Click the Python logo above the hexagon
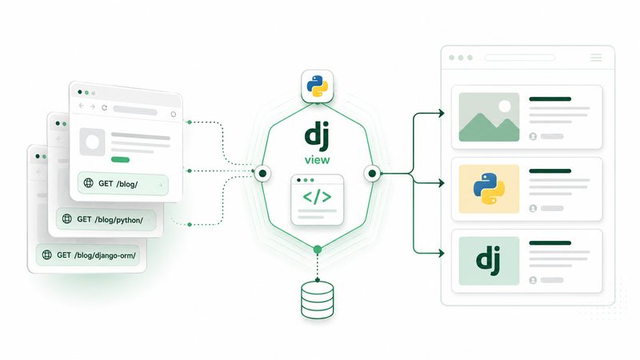[x=317, y=86]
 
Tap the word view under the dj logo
[x=317, y=160]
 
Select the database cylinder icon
[x=317, y=299]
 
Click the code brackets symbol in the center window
[x=317, y=197]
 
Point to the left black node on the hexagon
[x=262, y=174]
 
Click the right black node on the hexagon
[x=372, y=174]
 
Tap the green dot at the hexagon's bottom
[x=318, y=250]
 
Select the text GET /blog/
[x=118, y=184]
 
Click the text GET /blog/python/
[x=110, y=219]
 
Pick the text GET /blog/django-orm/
[x=96, y=255]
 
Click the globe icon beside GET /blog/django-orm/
[x=47, y=254]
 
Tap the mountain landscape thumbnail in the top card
[x=489, y=117]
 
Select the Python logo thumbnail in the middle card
[x=489, y=189]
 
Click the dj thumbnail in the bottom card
[x=489, y=261]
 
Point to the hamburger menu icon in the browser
[x=596, y=58]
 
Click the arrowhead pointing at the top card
[x=442, y=113]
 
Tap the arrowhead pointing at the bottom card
[x=442, y=253]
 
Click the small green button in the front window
[x=121, y=159]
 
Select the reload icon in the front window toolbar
[x=105, y=108]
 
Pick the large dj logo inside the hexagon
[x=317, y=136]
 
